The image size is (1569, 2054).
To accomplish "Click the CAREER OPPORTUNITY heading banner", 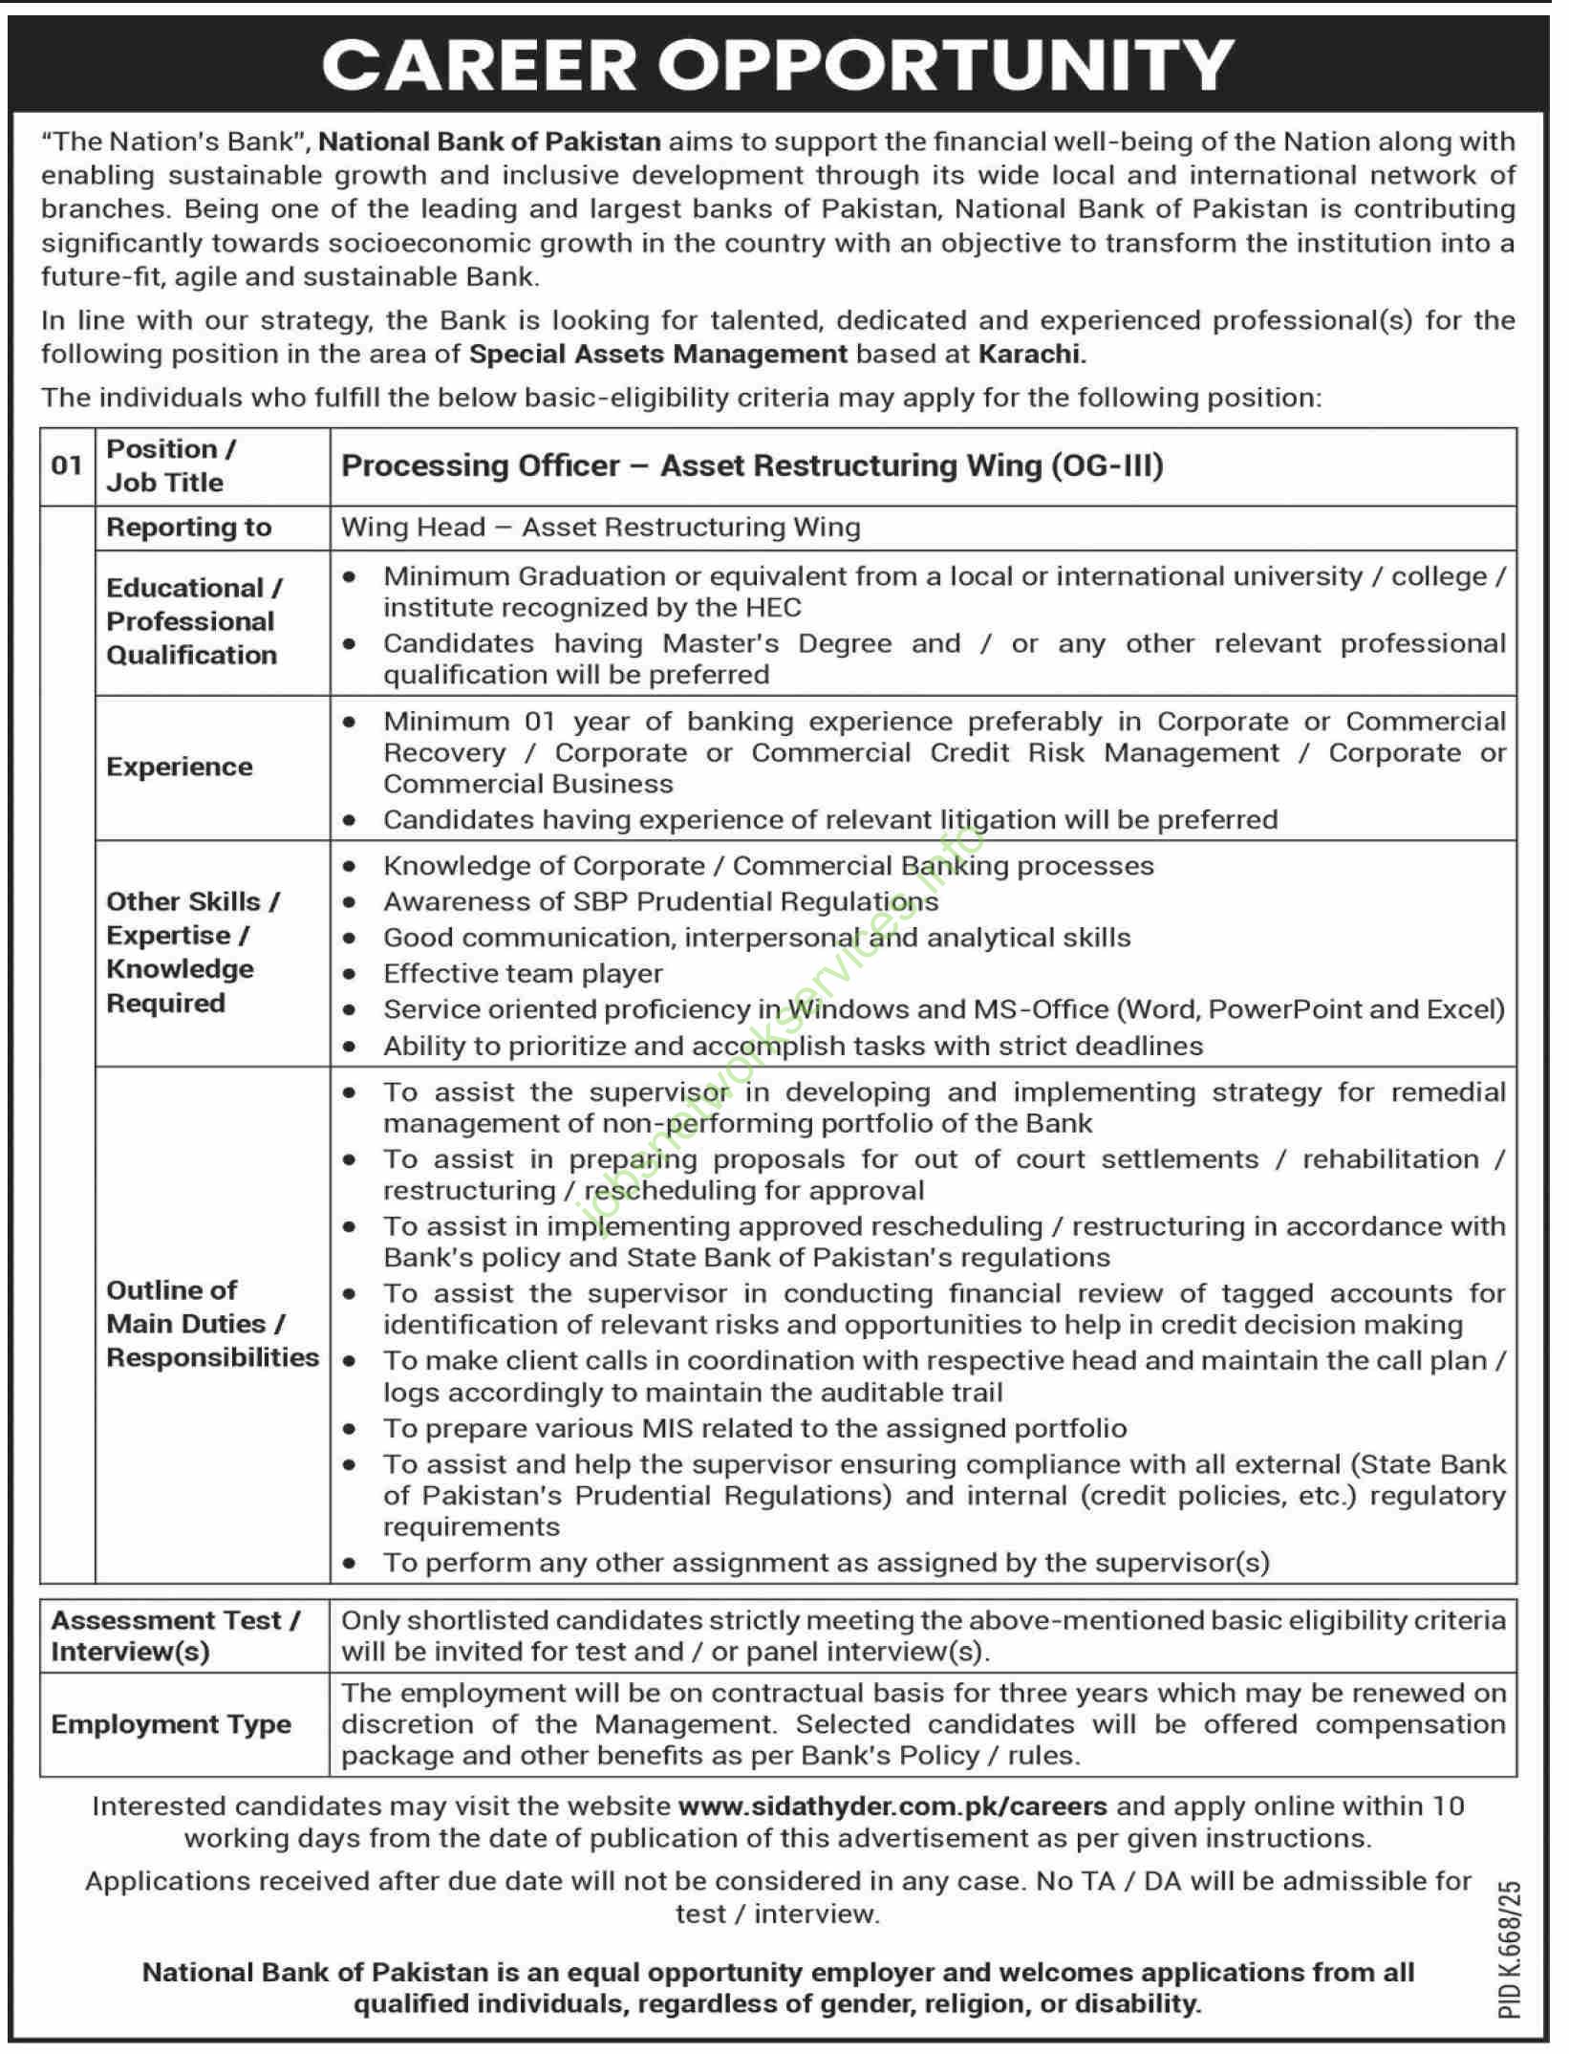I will (778, 64).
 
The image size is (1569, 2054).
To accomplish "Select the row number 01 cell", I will (67, 465).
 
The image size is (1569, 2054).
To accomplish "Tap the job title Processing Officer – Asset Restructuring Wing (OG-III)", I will (752, 465).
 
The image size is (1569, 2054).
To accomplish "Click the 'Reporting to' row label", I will (189, 528).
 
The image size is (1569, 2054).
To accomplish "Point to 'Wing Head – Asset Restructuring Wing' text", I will (600, 528).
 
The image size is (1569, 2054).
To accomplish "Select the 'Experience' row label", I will (180, 768).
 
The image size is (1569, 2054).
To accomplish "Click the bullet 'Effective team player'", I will (523, 974).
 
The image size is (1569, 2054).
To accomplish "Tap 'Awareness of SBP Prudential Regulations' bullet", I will (660, 902).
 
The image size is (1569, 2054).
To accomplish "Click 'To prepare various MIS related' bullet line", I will (755, 1429).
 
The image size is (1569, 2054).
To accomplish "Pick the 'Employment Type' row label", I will (171, 1724).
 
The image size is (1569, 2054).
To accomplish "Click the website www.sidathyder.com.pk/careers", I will (892, 1806).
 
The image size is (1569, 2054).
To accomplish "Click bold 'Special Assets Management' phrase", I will (658, 355).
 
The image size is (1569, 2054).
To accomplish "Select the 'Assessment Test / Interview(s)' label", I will (176, 1636).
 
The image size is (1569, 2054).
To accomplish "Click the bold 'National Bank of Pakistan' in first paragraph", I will (489, 142).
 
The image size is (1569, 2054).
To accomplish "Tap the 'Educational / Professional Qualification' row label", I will (193, 621).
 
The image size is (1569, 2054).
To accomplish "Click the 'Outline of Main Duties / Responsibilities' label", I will (212, 1324).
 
